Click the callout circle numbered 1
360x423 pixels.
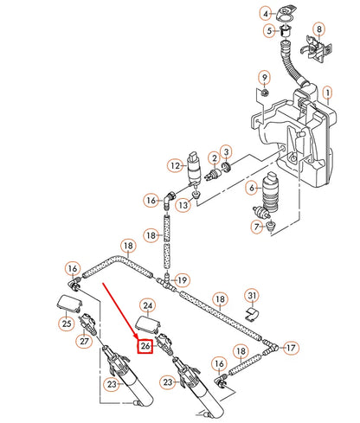(327, 91)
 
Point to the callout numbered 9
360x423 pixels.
(265, 79)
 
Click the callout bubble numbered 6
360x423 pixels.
(253, 187)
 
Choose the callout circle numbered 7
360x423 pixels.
(256, 227)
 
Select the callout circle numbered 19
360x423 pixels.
(182, 280)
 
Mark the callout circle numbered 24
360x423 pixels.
(147, 305)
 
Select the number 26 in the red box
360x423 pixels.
(145, 346)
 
